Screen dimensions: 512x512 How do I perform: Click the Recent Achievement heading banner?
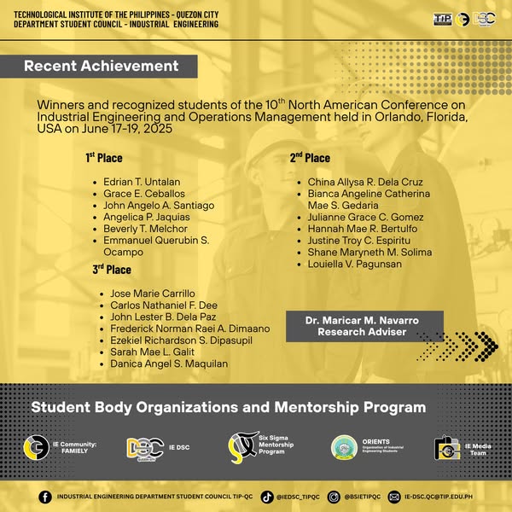[101, 67]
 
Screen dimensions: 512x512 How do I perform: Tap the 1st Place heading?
[103, 158]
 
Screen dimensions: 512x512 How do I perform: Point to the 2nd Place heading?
[310, 158]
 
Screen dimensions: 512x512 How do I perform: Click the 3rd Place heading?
[112, 270]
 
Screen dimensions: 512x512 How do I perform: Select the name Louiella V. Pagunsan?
[354, 265]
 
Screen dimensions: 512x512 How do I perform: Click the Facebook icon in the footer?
[45, 496]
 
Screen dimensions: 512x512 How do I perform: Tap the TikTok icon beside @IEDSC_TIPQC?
[267, 496]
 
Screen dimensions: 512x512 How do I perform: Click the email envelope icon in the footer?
[393, 496]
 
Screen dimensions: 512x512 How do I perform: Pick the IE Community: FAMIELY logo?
[35, 447]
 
